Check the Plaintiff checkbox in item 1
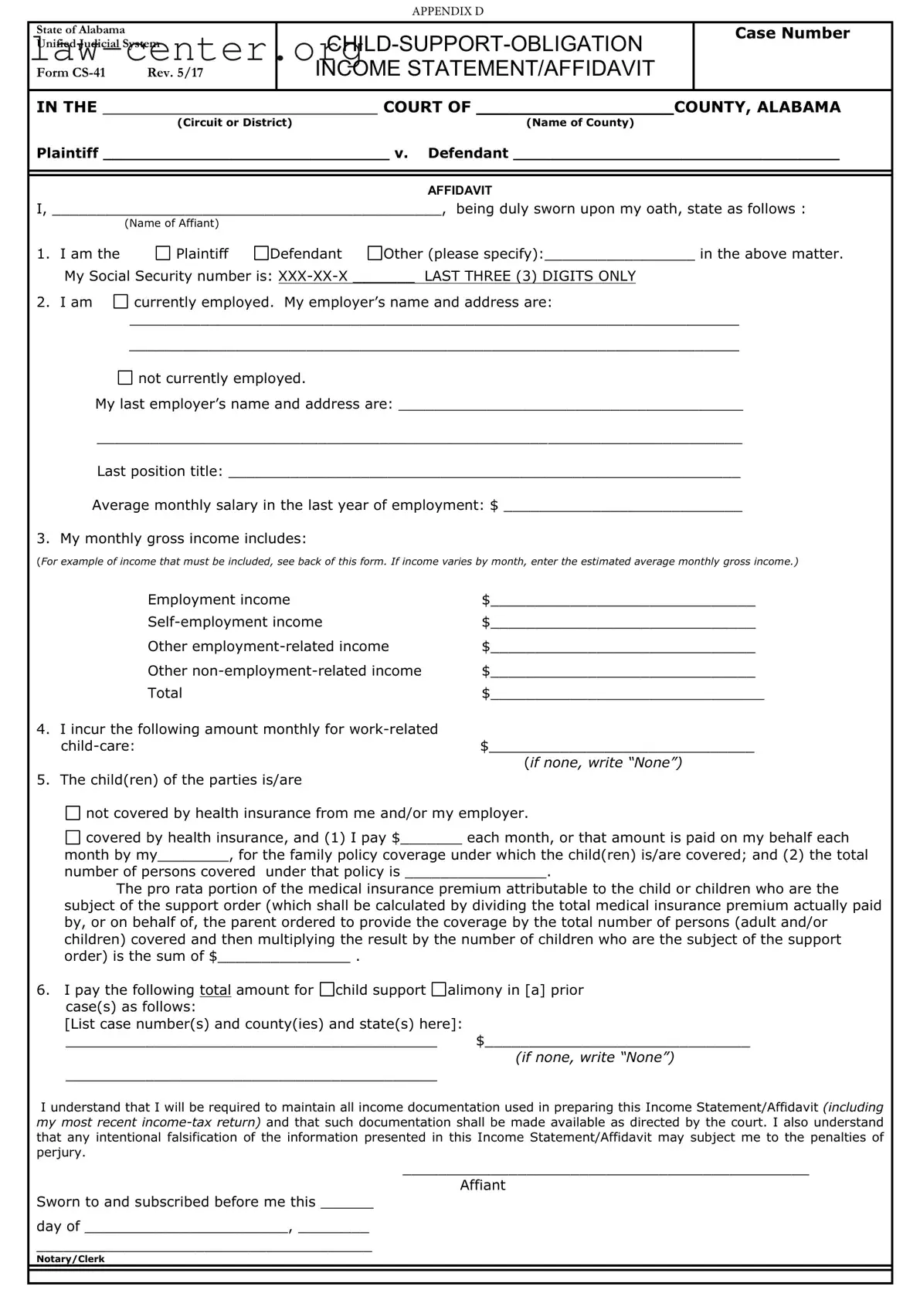(162, 253)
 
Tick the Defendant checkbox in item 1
(261, 253)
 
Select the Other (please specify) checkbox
(375, 253)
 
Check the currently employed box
(121, 302)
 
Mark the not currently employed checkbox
(125, 378)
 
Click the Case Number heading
(792, 33)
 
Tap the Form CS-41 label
(71, 73)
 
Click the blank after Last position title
(484, 472)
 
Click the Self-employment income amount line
(623, 623)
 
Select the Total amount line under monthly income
(626, 694)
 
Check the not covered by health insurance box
(73, 813)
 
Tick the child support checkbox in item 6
(328, 989)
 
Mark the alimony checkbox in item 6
(439, 989)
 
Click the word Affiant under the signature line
(482, 1185)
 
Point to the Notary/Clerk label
(70, 1259)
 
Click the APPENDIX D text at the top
(447, 11)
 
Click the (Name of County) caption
(579, 123)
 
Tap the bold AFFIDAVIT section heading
(460, 190)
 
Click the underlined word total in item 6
(215, 990)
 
